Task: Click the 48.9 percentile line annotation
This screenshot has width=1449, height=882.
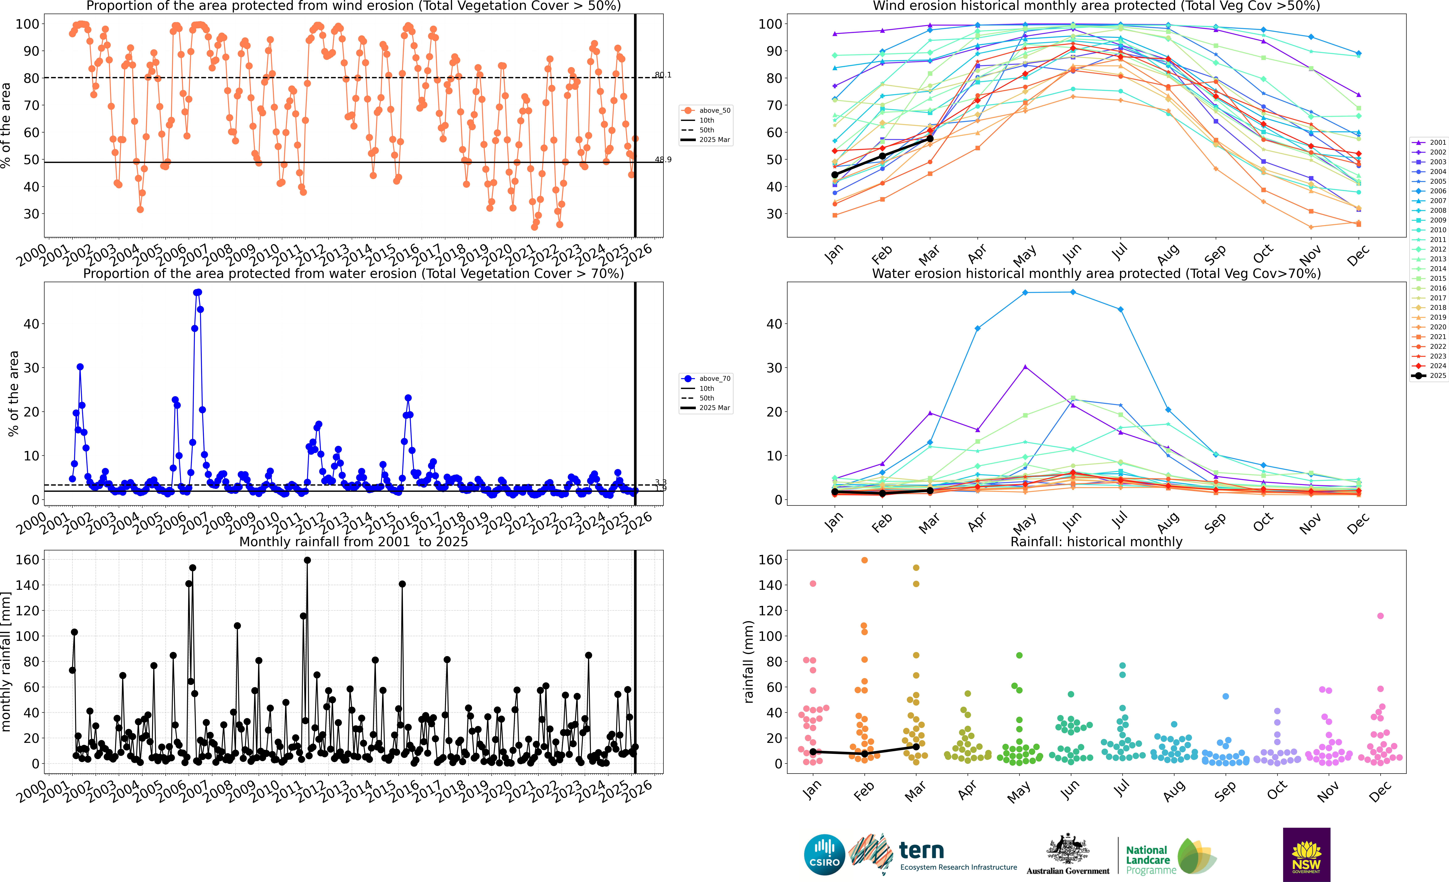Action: (x=663, y=159)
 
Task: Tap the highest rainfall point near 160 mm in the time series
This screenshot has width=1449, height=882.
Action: (x=307, y=560)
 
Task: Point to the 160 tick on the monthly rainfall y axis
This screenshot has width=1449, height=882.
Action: (x=28, y=560)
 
